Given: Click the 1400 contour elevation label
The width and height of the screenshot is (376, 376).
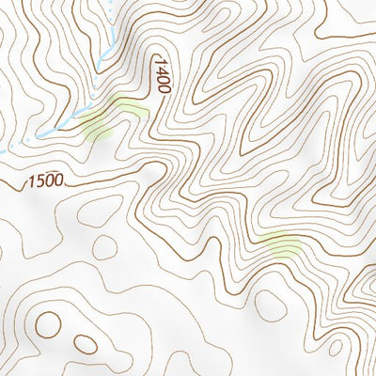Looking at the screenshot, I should click(163, 74).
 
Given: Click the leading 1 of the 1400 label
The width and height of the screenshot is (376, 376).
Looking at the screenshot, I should click(163, 60).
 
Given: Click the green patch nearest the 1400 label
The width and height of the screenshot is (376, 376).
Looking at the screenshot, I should click(132, 110).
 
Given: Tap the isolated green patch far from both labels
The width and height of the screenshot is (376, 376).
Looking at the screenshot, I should click(282, 246).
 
